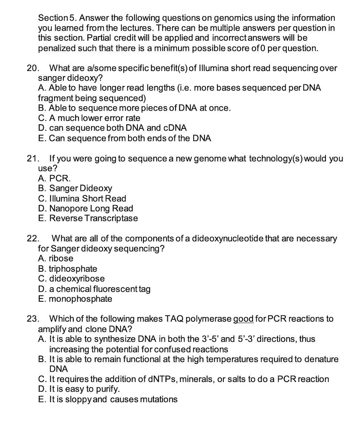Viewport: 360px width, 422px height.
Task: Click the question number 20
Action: (x=32, y=68)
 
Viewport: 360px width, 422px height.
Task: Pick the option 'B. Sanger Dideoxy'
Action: (x=75, y=188)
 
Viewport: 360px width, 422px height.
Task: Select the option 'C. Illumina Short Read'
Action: (x=82, y=198)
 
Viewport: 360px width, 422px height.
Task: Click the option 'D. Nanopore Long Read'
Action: (x=85, y=208)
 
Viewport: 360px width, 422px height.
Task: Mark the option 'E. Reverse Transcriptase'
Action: (x=88, y=218)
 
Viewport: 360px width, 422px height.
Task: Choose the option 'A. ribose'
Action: (x=56, y=258)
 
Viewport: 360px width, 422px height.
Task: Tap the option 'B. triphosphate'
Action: (x=67, y=269)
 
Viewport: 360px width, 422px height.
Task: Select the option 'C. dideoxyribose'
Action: (x=71, y=278)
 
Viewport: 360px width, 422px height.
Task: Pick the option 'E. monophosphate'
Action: (x=75, y=299)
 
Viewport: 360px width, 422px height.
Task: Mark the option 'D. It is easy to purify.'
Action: (x=79, y=389)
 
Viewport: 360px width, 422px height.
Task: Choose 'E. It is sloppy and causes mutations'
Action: (x=107, y=399)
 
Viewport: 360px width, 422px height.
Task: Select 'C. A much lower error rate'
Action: (x=89, y=118)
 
